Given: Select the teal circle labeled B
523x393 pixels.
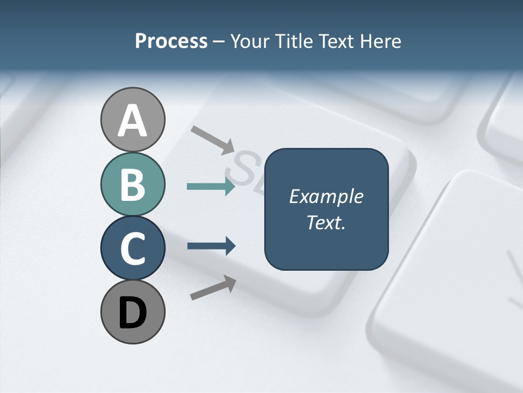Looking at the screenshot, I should click(132, 184).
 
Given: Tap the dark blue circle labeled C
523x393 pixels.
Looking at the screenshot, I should click(132, 248).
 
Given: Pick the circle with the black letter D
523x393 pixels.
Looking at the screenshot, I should click(132, 312).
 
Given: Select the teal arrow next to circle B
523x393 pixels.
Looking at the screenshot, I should click(211, 187).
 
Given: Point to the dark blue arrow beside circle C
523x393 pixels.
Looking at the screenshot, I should click(211, 246).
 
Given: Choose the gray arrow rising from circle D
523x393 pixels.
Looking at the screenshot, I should click(213, 288).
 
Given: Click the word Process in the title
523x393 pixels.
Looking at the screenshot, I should click(171, 41).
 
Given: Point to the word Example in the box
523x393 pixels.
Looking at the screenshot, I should click(326, 196).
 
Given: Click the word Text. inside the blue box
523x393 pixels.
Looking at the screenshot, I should click(326, 222).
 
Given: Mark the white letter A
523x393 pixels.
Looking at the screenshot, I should click(132, 121).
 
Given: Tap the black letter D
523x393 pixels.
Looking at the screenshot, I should click(132, 313).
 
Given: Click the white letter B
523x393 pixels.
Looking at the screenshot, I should click(132, 185).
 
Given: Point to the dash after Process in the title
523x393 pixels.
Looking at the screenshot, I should click(219, 42).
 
